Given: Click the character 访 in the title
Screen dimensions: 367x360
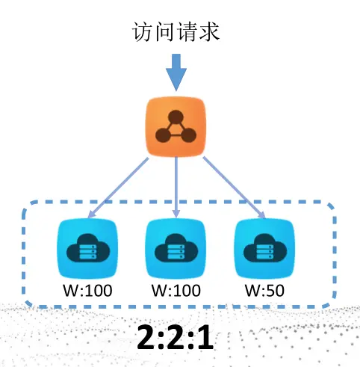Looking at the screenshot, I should [x=143, y=32].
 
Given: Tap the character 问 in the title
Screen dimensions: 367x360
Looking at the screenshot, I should [x=166, y=32].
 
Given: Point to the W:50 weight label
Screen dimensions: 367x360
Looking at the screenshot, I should [x=264, y=289].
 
